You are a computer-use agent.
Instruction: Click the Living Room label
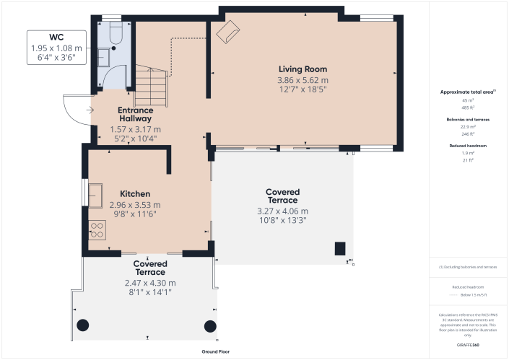click(x=303, y=69)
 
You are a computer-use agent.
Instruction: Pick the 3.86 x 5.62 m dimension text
click(x=303, y=80)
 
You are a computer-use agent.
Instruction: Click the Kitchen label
click(x=135, y=194)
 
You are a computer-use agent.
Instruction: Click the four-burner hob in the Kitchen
click(x=96, y=230)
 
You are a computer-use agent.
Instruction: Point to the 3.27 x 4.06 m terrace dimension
click(x=282, y=211)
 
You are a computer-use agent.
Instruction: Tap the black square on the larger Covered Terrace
click(x=339, y=249)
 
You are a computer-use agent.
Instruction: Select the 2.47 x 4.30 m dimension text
click(x=149, y=283)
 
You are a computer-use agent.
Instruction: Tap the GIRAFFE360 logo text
click(x=469, y=346)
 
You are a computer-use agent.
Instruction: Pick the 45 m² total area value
click(x=468, y=100)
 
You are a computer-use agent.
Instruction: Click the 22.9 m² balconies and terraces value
click(x=468, y=126)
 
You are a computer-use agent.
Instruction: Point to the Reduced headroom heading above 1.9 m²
click(x=468, y=145)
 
